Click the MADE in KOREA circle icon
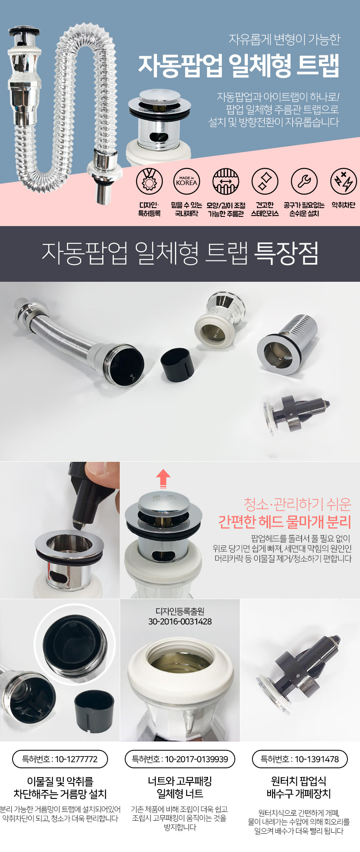[186, 182]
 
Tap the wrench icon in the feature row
[304, 182]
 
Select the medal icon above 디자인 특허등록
[149, 182]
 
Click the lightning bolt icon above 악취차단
[344, 182]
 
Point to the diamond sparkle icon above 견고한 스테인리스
[265, 182]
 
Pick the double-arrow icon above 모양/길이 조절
[226, 182]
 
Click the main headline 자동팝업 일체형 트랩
[239, 66]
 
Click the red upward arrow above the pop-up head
[163, 479]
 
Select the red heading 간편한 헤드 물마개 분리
[285, 522]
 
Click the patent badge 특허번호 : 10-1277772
[60, 759]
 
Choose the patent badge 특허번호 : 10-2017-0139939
[180, 759]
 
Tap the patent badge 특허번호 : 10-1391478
[300, 759]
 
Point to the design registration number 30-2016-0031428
[180, 622]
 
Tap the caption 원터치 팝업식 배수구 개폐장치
[299, 787]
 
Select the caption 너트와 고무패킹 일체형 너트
[180, 787]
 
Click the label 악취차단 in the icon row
[344, 205]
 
